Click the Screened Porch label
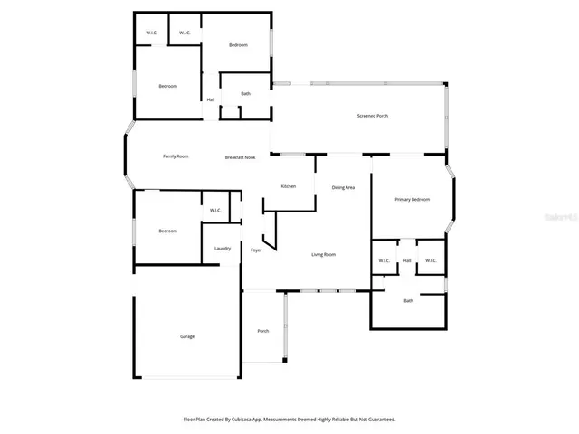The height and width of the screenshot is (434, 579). pos(373,116)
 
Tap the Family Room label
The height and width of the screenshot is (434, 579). pos(176,156)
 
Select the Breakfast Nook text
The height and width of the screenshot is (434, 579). pos(241,157)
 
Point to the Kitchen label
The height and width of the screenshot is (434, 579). pos(289,186)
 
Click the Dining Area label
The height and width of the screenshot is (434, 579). pos(343,187)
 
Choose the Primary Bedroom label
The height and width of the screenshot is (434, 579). pos(412,199)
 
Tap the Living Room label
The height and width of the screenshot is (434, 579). pos(324,255)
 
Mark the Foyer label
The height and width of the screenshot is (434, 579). pos(256,250)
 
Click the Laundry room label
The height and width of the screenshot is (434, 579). pos(223,249)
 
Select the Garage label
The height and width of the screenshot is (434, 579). pos(187,336)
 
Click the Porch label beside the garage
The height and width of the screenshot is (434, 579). pos(263,331)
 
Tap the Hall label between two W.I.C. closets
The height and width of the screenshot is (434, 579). pos(407,261)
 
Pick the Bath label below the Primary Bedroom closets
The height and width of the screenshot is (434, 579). pos(408,300)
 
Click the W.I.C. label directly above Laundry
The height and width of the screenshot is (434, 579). pos(215,211)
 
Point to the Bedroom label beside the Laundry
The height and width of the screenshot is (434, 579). pos(167,231)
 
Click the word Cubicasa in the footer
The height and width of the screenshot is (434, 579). pos(242,420)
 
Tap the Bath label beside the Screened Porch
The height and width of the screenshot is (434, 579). pos(245,93)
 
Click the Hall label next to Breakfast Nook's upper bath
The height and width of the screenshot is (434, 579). pos(211,99)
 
